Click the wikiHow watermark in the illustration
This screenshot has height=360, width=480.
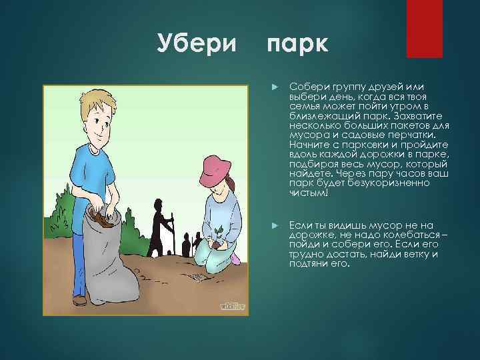232,305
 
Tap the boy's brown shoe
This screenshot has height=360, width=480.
79,300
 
